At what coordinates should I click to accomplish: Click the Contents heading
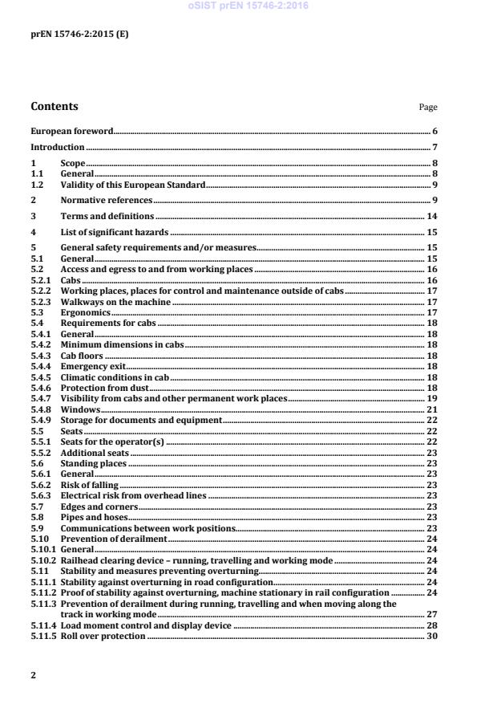[55, 106]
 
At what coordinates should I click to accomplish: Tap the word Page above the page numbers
[428, 108]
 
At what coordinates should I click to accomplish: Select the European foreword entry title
[71, 131]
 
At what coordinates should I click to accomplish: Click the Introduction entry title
[57, 148]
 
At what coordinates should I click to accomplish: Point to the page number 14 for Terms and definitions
[431, 217]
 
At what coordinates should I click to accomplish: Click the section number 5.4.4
[41, 364]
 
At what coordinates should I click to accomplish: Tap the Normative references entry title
[107, 199]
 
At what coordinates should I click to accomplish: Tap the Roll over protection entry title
[103, 636]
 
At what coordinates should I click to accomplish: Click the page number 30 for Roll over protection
[431, 636]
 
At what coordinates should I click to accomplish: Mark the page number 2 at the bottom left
[33, 675]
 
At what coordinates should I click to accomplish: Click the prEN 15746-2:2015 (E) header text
[71, 35]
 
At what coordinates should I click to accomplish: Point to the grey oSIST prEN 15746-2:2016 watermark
[248, 6]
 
